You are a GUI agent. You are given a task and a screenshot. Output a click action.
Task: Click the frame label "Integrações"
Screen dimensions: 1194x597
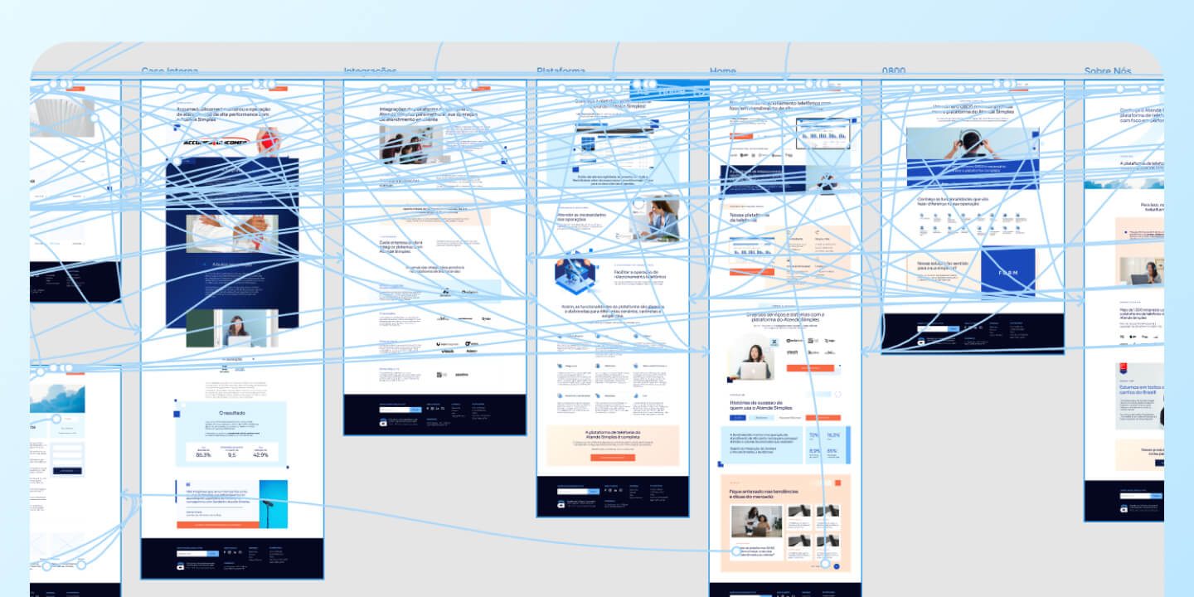370,72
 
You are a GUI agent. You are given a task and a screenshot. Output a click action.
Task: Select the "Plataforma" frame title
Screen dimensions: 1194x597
561,72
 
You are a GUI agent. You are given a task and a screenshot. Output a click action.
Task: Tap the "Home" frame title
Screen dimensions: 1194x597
722,72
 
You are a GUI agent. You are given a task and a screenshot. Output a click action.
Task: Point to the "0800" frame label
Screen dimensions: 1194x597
894,72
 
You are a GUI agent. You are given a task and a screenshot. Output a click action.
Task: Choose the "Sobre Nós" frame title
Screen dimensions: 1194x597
1107,72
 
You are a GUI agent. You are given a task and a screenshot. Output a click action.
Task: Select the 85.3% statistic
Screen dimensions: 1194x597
203,454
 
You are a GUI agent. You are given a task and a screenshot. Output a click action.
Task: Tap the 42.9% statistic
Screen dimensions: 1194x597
260,454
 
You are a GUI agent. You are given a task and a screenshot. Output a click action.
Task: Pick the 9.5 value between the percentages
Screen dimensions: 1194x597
231,454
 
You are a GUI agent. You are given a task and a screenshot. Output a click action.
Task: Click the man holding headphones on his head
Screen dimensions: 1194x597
967,148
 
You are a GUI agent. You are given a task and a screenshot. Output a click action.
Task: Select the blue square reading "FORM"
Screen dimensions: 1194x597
1008,272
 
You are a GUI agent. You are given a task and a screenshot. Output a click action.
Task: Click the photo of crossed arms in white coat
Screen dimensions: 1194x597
232,233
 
